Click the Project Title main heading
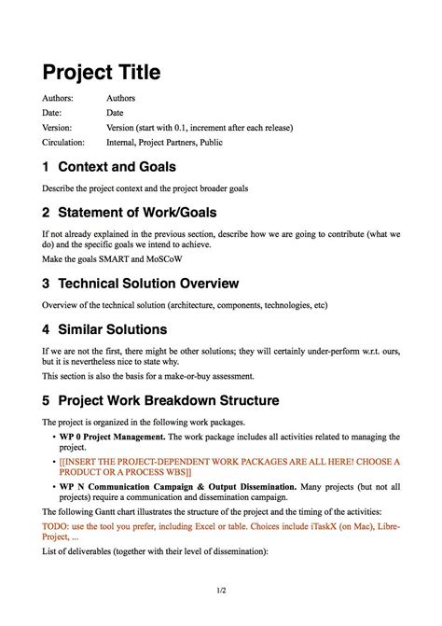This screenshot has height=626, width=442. click(101, 72)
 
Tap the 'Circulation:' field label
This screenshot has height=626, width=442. click(63, 143)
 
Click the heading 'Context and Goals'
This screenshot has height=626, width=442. click(117, 167)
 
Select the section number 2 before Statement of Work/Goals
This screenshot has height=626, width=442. click(46, 213)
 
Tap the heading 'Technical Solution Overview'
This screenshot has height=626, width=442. click(148, 284)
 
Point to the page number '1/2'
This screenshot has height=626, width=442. click(220, 591)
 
